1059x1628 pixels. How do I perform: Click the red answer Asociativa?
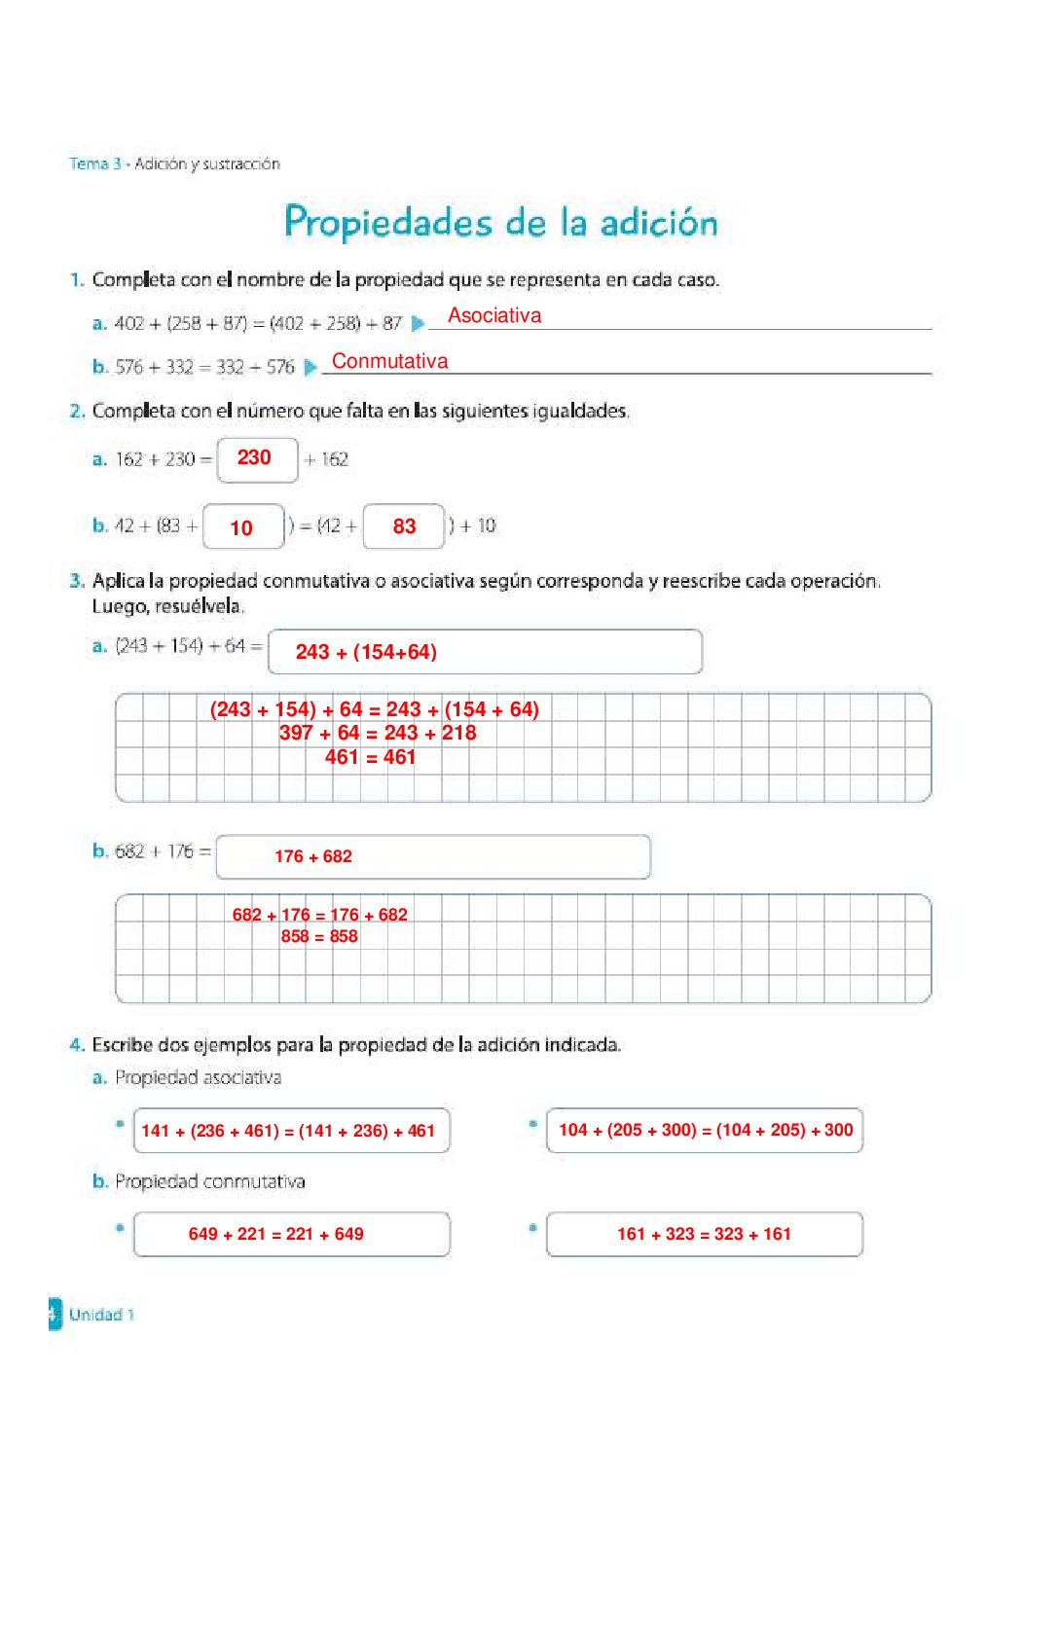click(x=494, y=315)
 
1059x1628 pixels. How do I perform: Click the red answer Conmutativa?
click(x=389, y=361)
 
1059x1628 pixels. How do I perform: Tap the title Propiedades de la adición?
click(x=500, y=222)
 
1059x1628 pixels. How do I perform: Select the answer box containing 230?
click(x=256, y=458)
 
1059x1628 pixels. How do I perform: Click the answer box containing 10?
click(x=242, y=527)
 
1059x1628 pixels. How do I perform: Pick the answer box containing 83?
click(x=404, y=526)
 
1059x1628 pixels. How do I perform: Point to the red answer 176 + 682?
click(x=313, y=856)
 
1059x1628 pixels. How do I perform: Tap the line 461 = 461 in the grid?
click(x=370, y=757)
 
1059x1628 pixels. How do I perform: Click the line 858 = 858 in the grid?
click(x=319, y=936)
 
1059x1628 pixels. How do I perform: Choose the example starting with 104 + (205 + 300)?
click(x=705, y=1130)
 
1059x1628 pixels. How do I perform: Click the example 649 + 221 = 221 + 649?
click(x=276, y=1234)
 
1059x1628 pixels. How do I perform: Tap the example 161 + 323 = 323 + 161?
click(x=704, y=1234)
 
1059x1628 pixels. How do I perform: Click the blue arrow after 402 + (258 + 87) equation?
click(x=418, y=323)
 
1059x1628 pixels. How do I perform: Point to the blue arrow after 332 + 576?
click(x=310, y=367)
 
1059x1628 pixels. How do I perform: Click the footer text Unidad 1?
click(x=101, y=1315)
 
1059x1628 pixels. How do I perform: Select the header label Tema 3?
click(x=94, y=163)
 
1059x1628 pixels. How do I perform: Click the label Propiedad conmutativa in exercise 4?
click(x=209, y=1181)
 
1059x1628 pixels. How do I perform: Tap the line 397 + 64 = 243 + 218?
click(x=378, y=733)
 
